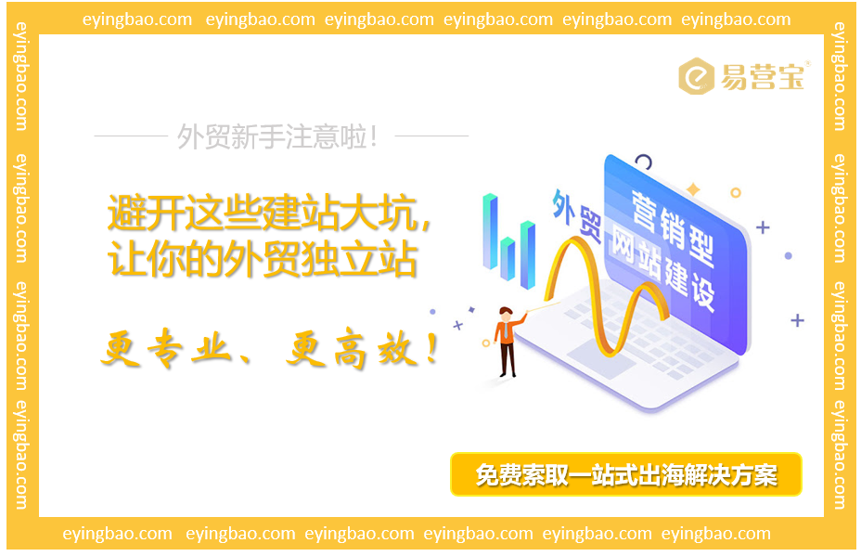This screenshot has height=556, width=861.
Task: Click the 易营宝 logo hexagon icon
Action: pyautogui.click(x=697, y=77)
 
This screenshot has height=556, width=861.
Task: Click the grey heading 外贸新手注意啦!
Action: pyautogui.click(x=278, y=137)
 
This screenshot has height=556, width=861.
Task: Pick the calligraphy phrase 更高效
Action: pyautogui.click(x=358, y=352)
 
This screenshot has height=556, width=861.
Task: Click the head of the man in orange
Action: pyautogui.click(x=505, y=313)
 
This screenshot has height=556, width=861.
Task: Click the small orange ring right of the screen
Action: pyautogui.click(x=736, y=193)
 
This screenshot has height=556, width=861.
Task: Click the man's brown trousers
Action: pyautogui.click(x=507, y=356)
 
